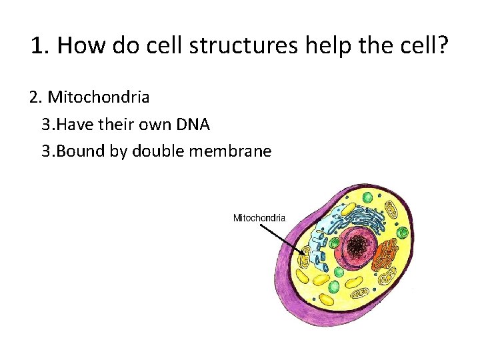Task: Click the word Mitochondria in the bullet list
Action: (98, 97)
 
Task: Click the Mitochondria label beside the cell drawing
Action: (259, 217)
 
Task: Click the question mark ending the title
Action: (443, 47)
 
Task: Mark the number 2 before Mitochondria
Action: (35, 97)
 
